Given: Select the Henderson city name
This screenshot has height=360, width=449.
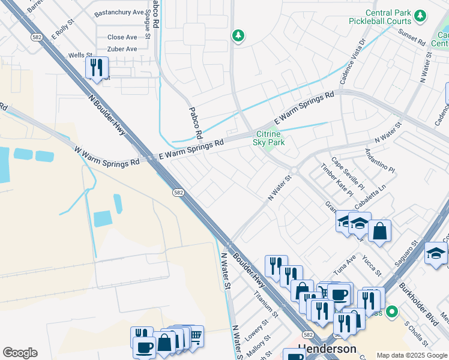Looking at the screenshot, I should pyautogui.click(x=327, y=349).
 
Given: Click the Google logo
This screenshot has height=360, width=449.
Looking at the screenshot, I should pyautogui.click(x=20, y=353).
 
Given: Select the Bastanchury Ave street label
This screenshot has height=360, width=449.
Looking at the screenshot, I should pyautogui.click(x=119, y=12).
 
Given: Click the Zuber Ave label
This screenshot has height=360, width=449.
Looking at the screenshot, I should pyautogui.click(x=122, y=49).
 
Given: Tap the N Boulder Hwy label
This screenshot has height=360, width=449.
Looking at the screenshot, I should pyautogui.click(x=110, y=115).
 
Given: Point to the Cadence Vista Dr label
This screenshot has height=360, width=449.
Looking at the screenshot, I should pyautogui.click(x=352, y=62).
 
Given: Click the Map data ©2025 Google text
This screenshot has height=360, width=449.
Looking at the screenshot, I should pyautogui.click(x=412, y=355).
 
